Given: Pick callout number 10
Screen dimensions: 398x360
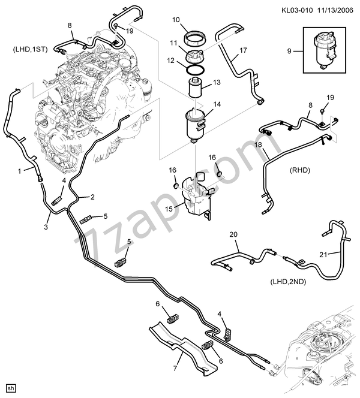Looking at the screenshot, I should [176, 20].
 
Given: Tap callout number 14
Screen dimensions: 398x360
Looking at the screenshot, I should [217, 104].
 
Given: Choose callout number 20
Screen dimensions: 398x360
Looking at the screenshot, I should [233, 234].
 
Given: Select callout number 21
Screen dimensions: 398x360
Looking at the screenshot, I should [322, 255].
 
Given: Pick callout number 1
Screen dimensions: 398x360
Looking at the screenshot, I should [19, 170].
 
